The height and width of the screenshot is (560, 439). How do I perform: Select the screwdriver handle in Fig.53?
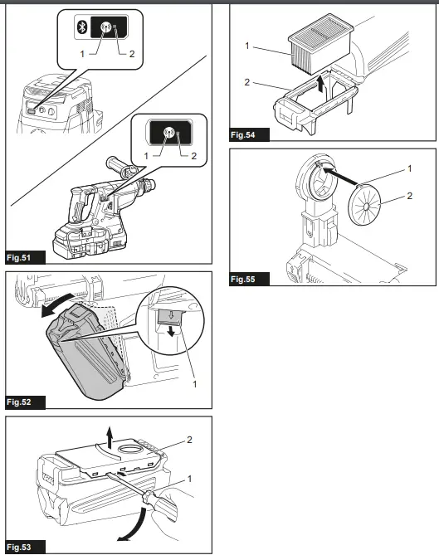pos(161,507)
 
